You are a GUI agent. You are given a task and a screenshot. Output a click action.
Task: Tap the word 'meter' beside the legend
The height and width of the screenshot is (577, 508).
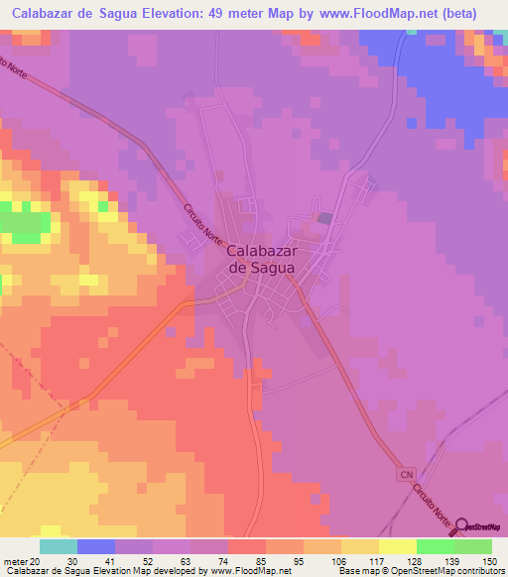[13, 560]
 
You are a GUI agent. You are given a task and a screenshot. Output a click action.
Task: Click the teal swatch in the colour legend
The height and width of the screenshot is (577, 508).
[59, 546]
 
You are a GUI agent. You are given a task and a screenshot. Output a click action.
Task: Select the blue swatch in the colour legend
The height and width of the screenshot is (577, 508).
[96, 546]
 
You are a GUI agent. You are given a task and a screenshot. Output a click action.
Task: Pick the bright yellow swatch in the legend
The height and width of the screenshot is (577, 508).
[398, 546]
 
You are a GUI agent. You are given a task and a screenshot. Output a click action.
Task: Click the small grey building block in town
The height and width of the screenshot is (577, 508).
[324, 218]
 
